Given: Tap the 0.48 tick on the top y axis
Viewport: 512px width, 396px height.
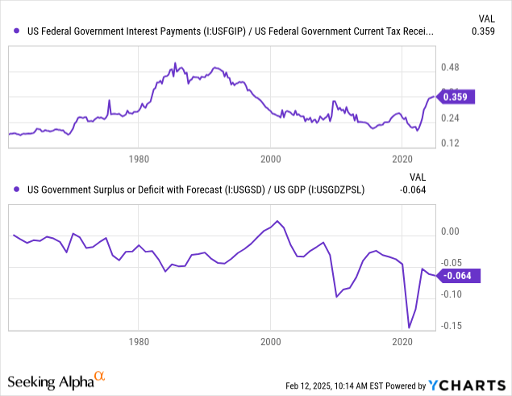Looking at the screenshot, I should pos(449,68).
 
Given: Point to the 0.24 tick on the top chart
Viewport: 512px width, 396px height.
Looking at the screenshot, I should pos(449,119).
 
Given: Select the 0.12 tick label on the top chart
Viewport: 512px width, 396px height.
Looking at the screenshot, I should pos(449,144).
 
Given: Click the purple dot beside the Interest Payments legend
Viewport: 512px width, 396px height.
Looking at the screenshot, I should pos(18,32).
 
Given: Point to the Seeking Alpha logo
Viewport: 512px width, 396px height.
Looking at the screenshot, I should pos(56,379).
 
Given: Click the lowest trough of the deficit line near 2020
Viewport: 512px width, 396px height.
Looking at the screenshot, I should pos(409,327).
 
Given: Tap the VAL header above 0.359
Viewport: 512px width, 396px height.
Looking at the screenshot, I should pos(485,17).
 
